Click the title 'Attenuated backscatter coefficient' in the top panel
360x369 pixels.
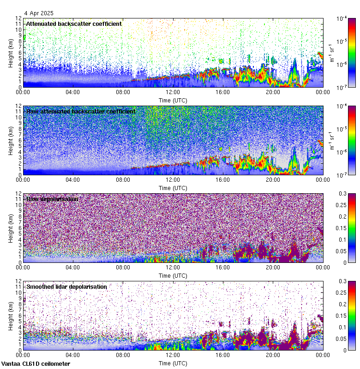click(x=74, y=24)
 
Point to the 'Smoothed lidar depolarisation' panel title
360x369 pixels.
click(x=66, y=286)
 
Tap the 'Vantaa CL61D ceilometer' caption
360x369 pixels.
click(x=36, y=364)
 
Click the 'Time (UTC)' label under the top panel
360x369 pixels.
click(x=173, y=100)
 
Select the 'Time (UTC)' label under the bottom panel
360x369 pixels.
click(x=173, y=363)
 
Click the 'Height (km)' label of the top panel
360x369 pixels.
click(x=11, y=53)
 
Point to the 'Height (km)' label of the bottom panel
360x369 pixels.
click(x=11, y=315)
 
